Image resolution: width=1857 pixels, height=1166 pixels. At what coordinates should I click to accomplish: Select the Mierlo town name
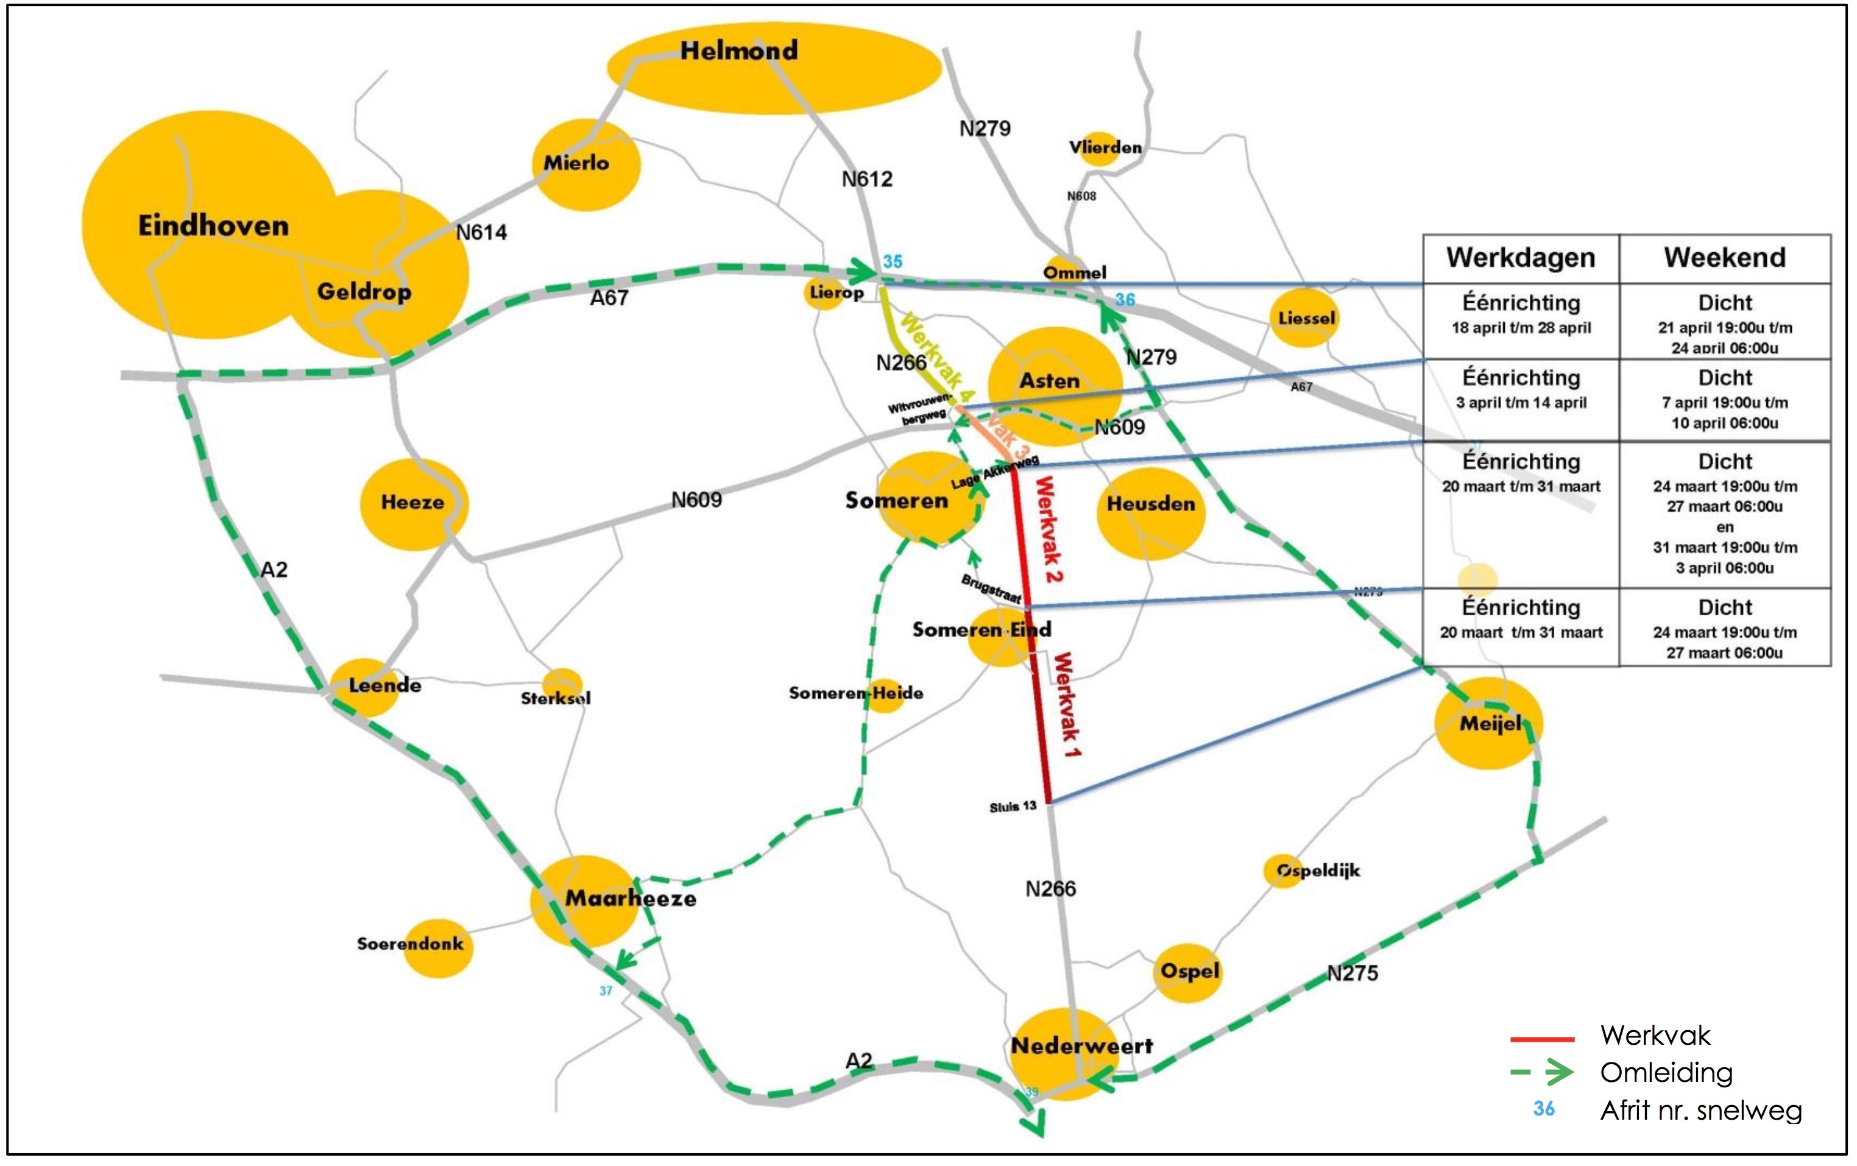pyautogui.click(x=576, y=163)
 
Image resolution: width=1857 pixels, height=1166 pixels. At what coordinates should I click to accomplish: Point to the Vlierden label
pyautogui.click(x=1105, y=147)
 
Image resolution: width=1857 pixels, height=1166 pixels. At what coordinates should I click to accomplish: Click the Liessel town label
pyautogui.click(x=1306, y=318)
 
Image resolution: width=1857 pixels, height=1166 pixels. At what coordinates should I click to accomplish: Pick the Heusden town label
pyautogui.click(x=1151, y=504)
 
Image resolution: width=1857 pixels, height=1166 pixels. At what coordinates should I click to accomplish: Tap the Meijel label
pyautogui.click(x=1490, y=723)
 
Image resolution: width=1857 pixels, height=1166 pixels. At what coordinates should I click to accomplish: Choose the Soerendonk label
pyautogui.click(x=409, y=943)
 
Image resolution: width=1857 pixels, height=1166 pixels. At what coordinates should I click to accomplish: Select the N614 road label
pyautogui.click(x=481, y=232)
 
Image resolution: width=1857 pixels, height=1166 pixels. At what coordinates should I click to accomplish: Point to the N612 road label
pyautogui.click(x=867, y=179)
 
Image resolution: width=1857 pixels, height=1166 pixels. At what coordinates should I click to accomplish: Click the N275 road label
pyautogui.click(x=1352, y=973)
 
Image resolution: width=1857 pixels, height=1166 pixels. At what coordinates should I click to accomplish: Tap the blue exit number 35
pyautogui.click(x=893, y=261)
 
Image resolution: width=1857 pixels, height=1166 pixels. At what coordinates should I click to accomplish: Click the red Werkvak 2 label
pyautogui.click(x=1049, y=529)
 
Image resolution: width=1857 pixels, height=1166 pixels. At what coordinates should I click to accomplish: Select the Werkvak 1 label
pyautogui.click(x=1067, y=703)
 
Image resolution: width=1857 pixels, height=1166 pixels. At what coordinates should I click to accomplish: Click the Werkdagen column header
pyautogui.click(x=1520, y=258)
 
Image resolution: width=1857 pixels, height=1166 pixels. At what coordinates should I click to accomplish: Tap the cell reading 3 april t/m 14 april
pyautogui.click(x=1521, y=403)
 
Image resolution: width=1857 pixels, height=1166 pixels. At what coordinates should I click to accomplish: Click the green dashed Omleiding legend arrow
pyautogui.click(x=1543, y=1072)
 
